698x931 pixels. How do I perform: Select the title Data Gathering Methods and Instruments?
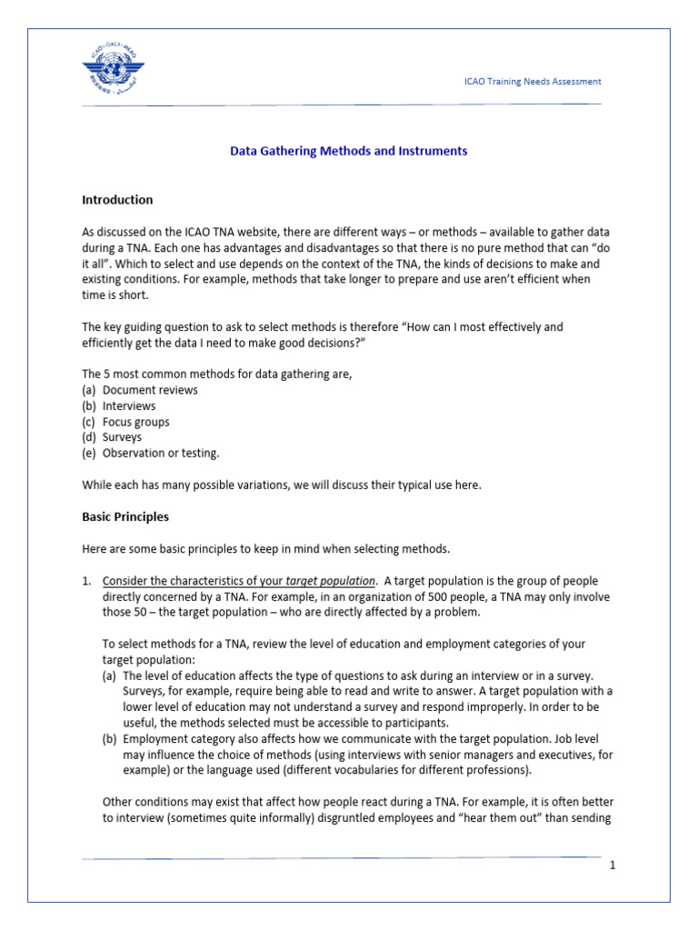(348, 151)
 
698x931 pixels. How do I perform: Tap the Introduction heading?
(117, 200)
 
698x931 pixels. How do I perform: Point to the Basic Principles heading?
(125, 517)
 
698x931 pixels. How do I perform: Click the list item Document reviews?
(150, 390)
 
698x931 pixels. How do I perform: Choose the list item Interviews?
(129, 405)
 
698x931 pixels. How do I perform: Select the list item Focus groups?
(136, 422)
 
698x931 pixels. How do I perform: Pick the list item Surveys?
(123, 437)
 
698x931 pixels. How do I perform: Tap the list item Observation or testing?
(162, 453)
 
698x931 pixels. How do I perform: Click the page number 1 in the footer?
(613, 865)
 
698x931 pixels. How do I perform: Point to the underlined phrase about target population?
(238, 580)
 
